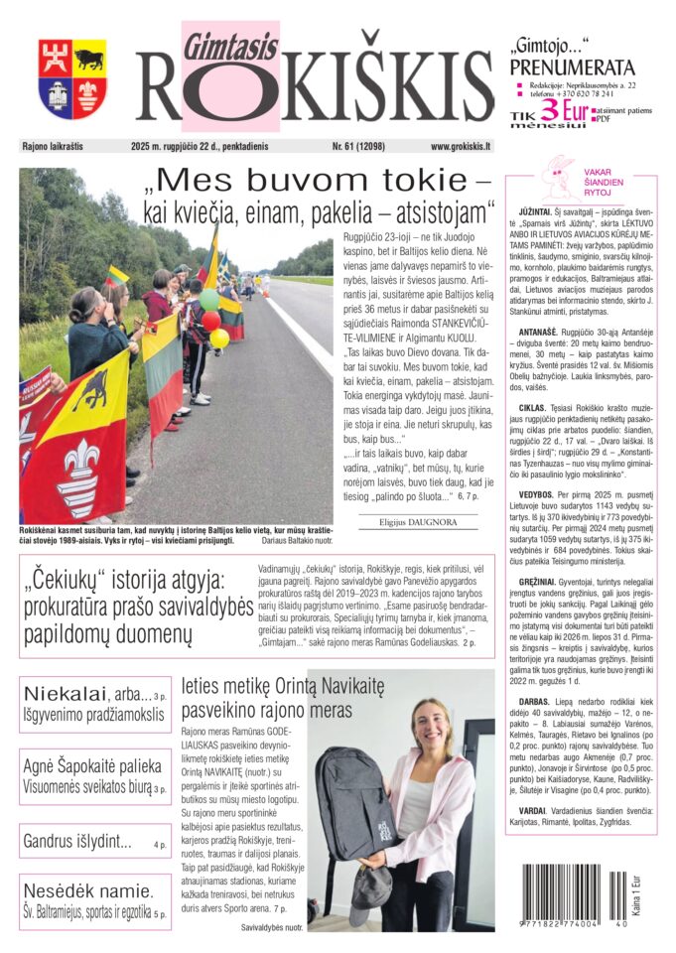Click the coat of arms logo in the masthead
pos(72,78)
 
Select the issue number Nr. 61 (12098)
pos(362,146)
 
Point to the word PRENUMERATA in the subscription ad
pos(571,68)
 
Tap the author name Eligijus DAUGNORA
pos(408,521)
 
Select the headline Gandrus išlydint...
pos(77,843)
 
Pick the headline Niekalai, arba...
pos(81,692)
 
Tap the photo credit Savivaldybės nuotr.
pos(272,927)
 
